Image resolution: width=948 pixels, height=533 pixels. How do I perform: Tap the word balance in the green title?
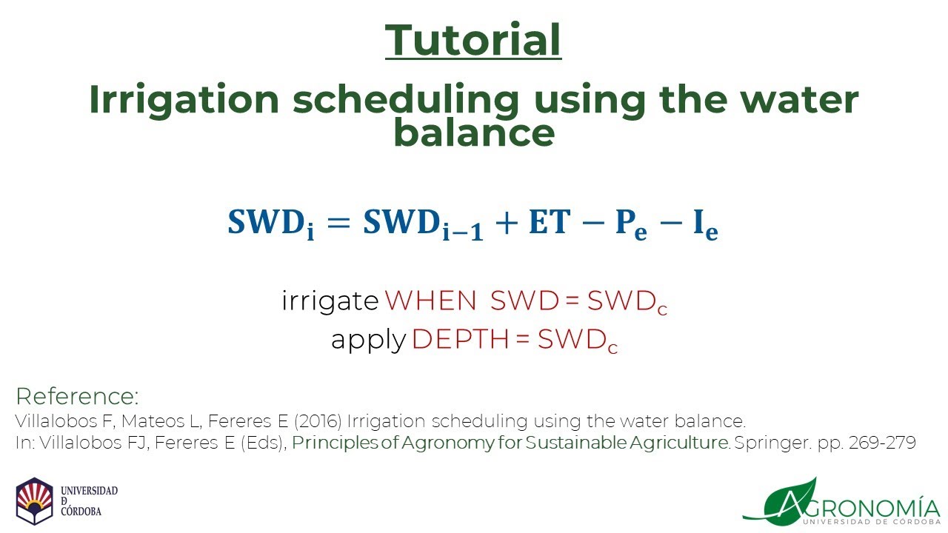(473, 133)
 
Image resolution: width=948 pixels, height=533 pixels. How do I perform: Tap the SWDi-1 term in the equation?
(422, 225)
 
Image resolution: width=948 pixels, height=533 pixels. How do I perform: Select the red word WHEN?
(430, 301)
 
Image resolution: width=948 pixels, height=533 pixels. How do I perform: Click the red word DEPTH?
(460, 340)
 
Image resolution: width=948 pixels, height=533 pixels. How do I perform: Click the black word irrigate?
(330, 301)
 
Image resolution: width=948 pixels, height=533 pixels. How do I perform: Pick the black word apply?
(368, 341)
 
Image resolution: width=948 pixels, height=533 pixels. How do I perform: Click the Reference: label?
(77, 396)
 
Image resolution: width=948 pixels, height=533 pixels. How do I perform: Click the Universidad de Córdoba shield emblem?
(35, 501)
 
